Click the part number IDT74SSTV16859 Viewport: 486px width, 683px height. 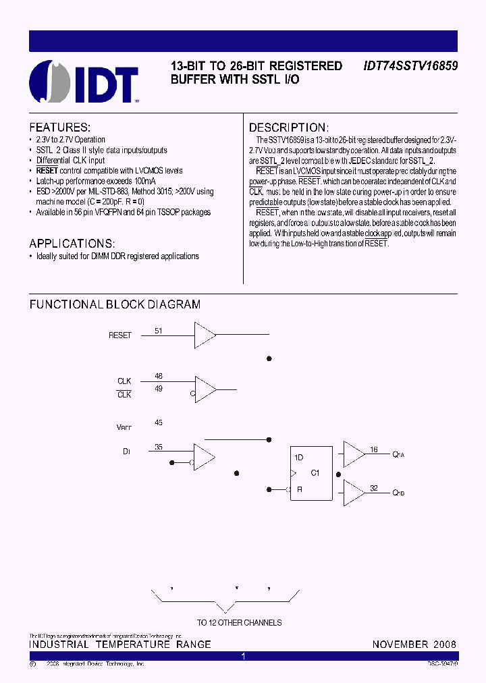click(x=410, y=66)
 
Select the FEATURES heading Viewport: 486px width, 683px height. click(x=60, y=128)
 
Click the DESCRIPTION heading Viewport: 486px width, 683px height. click(x=289, y=128)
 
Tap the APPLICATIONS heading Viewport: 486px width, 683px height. click(x=72, y=243)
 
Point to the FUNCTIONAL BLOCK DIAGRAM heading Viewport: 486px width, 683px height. click(x=115, y=304)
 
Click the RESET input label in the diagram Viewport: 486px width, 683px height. click(x=120, y=335)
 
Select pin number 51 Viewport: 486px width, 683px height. click(x=159, y=331)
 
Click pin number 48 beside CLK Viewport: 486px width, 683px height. click(x=159, y=376)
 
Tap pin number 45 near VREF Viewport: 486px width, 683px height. click(x=159, y=422)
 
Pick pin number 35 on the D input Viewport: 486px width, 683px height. click(x=159, y=447)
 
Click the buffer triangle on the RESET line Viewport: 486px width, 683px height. click(x=205, y=333)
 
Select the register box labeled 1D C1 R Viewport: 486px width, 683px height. click(x=311, y=474)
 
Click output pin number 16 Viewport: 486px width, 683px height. click(x=374, y=449)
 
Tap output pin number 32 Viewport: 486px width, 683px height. click(x=374, y=488)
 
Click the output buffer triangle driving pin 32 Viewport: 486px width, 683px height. click(x=353, y=493)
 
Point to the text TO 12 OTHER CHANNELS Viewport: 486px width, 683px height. click(x=239, y=622)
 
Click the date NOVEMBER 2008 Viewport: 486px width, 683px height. click(x=414, y=645)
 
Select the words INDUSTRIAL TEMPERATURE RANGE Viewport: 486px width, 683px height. click(x=120, y=645)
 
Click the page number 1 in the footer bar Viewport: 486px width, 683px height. click(x=243, y=656)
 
